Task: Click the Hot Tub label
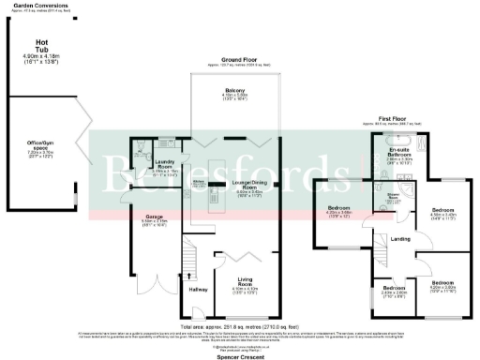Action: click(41, 43)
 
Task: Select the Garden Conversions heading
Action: click(39, 6)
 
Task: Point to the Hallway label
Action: click(198, 289)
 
